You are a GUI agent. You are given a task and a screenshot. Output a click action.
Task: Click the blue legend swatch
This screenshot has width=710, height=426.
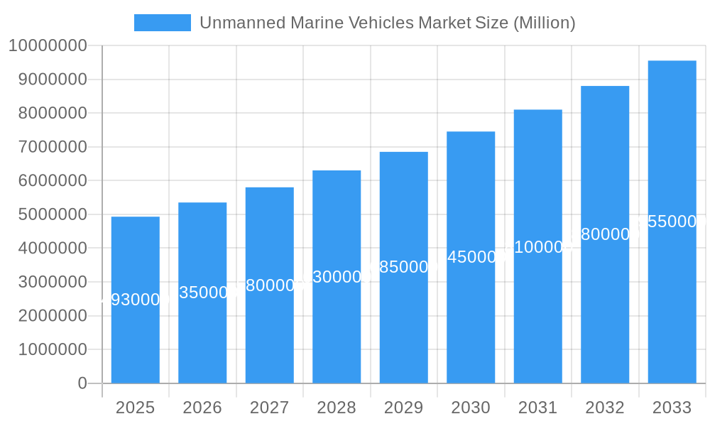pos(163,23)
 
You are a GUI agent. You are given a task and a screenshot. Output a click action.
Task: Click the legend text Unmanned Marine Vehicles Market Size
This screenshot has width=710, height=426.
pos(387,23)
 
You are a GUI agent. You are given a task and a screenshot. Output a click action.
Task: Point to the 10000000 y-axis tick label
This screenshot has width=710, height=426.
pos(48,46)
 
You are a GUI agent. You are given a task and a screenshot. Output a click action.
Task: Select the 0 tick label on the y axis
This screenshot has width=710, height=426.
pos(82,383)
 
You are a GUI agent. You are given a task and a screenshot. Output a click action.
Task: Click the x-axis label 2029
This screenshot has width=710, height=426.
pos(403,408)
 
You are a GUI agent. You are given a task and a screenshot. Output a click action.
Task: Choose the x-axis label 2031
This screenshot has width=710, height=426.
pos(537,408)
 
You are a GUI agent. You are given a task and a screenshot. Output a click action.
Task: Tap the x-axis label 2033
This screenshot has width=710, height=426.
pos(672,408)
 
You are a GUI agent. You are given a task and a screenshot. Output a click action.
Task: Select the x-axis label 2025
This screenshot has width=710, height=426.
pos(136,408)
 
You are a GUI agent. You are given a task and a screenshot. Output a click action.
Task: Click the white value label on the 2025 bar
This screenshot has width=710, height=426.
pos(136,300)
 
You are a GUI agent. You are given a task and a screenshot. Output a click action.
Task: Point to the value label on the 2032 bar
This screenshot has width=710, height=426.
pos(605,234)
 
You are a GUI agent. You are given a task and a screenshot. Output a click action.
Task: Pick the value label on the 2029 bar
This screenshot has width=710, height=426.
pos(403,267)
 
